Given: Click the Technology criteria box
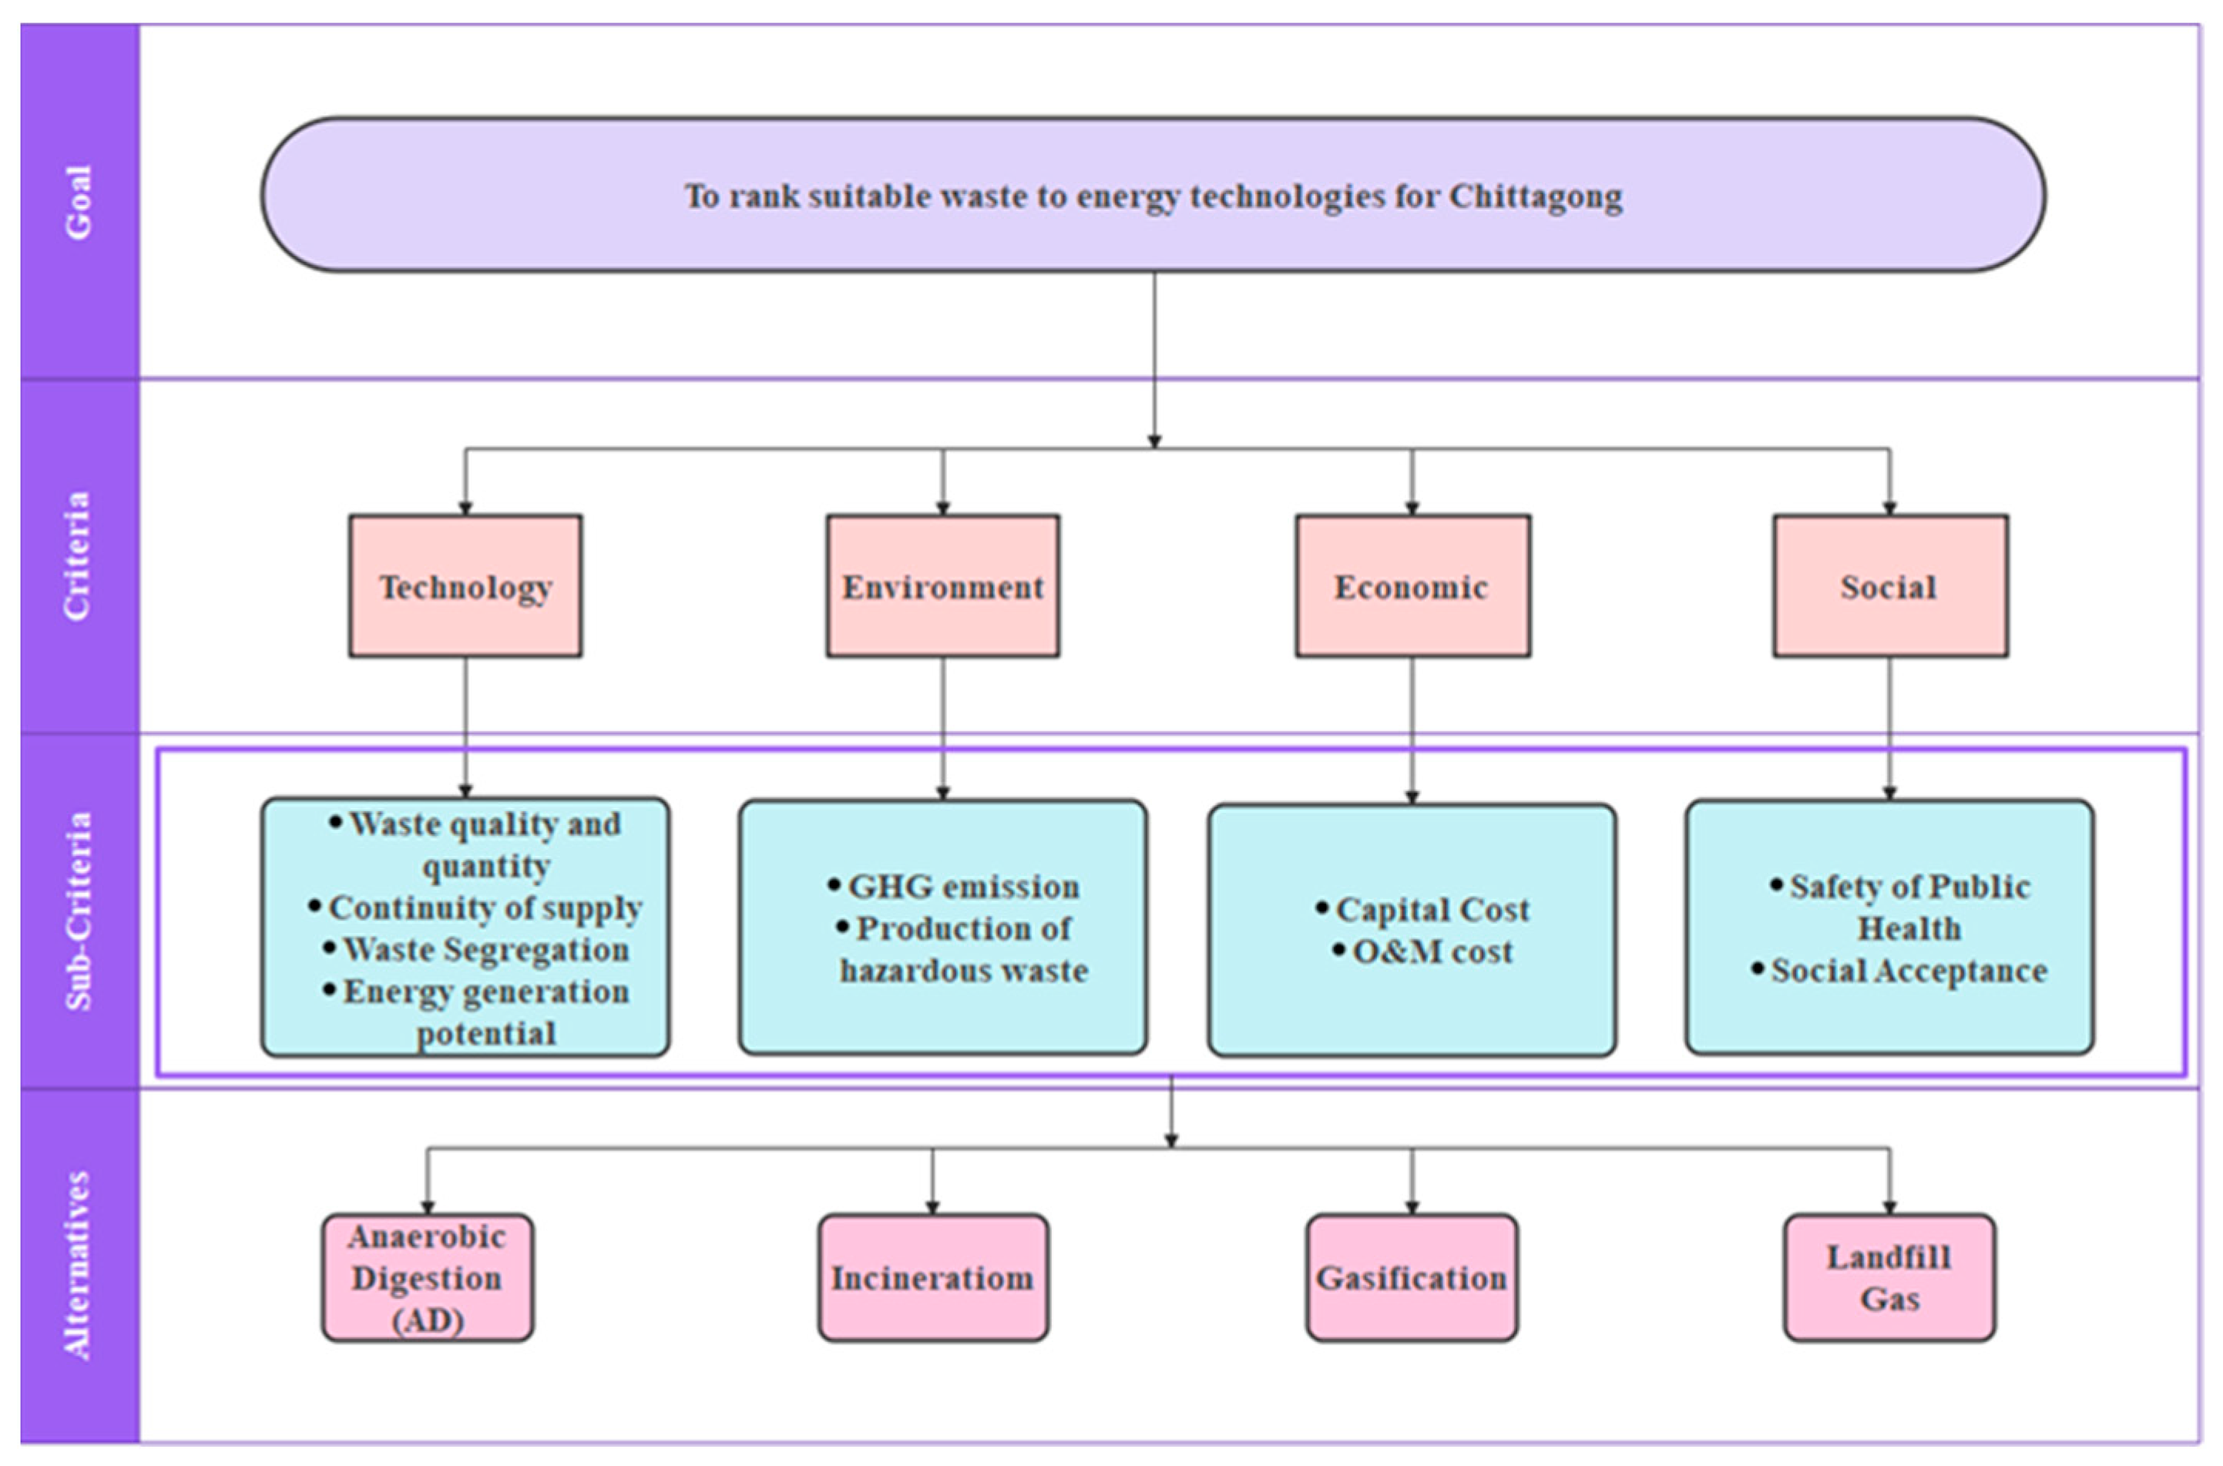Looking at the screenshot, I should pyautogui.click(x=465, y=585).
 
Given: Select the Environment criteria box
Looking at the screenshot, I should pyautogui.click(x=942, y=585).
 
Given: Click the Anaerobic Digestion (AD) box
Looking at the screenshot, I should pyautogui.click(x=428, y=1277).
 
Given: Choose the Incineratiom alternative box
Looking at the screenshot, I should pyautogui.click(x=932, y=1277).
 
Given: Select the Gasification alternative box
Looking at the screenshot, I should pyautogui.click(x=1411, y=1277).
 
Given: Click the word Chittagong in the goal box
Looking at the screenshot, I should pyautogui.click(x=1535, y=197).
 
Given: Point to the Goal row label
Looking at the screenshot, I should pyautogui.click(x=79, y=202).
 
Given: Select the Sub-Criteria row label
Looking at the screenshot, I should pyautogui.click(x=79, y=911).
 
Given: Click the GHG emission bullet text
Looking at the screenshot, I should pyautogui.click(x=962, y=887).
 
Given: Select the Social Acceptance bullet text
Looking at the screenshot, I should pyautogui.click(x=1908, y=971).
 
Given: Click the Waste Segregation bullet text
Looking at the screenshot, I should pyautogui.click(x=485, y=949).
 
